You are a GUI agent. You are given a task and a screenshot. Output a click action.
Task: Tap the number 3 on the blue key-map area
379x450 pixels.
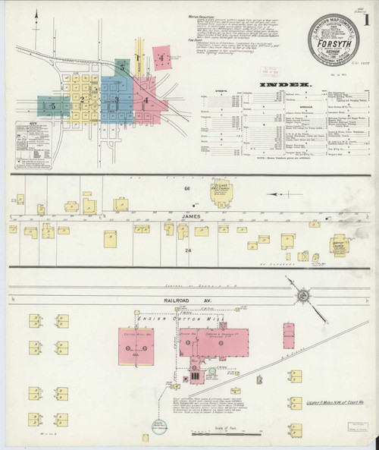click(116, 99)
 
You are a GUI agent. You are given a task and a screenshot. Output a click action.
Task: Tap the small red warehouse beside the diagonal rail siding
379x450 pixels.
click(289, 335)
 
